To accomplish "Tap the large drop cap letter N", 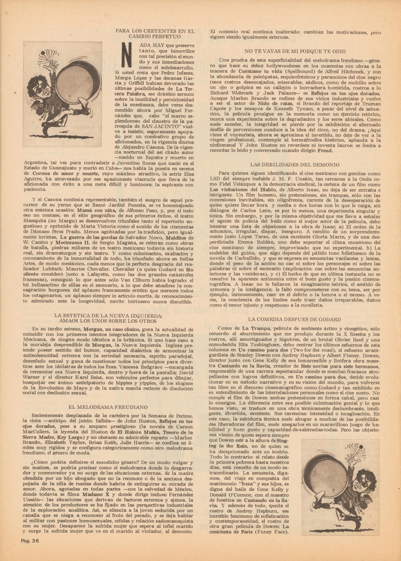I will tap(128, 55).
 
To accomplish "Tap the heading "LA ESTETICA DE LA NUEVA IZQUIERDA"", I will tap(108, 318).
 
